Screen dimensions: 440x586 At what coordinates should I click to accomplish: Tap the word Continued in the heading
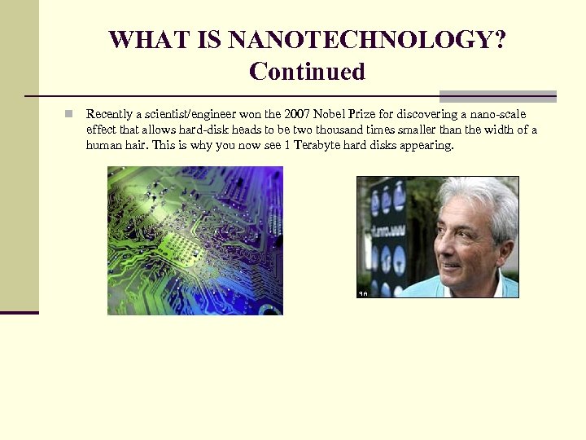307,72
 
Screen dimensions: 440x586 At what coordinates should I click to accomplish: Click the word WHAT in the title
139,40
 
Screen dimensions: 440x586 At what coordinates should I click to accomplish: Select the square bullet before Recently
71,114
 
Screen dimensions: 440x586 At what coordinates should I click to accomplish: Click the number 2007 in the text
296,114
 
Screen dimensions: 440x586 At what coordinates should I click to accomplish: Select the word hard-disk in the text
183,130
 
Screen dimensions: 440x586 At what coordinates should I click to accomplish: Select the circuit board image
195,240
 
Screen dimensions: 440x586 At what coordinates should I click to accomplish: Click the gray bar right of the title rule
497,96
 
